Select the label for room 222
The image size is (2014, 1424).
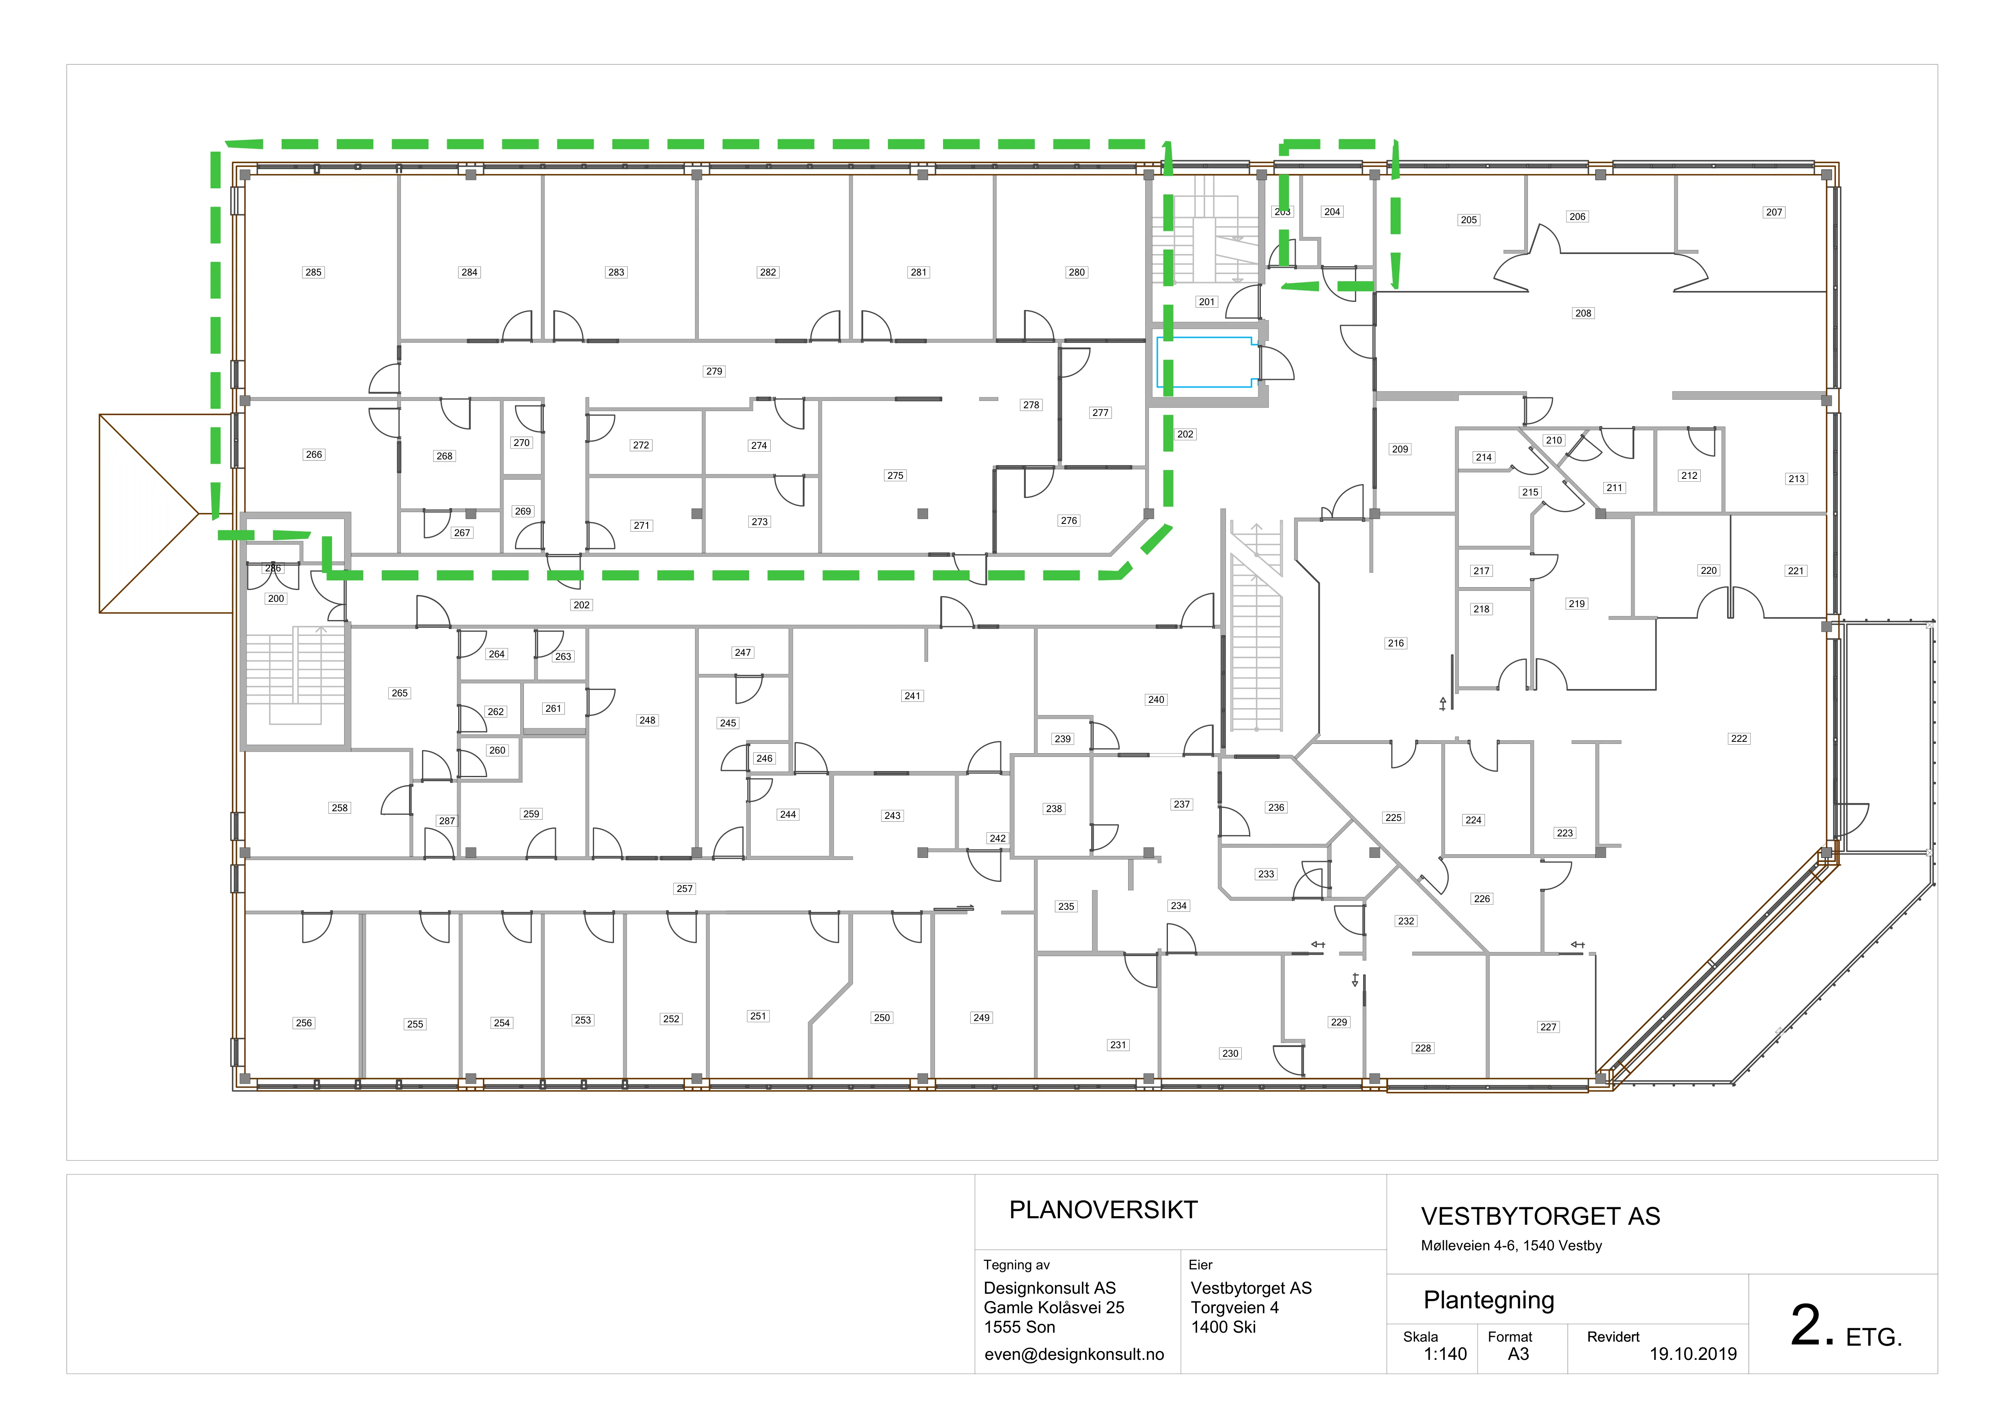click(x=1738, y=739)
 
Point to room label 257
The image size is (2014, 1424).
click(x=684, y=889)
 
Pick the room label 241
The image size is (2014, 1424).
click(x=912, y=696)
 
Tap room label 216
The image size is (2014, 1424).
click(x=1396, y=643)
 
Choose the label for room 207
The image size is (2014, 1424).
click(x=1774, y=212)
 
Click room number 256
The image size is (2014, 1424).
click(x=304, y=1023)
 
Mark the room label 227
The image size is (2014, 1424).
click(x=1548, y=1027)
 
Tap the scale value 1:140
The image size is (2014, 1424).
click(x=1445, y=1354)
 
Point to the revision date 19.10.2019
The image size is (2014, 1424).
click(x=1693, y=1354)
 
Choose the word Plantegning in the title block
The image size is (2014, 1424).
click(x=1488, y=1300)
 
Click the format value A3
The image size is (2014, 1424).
click(x=1519, y=1354)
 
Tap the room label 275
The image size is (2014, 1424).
click(x=895, y=476)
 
